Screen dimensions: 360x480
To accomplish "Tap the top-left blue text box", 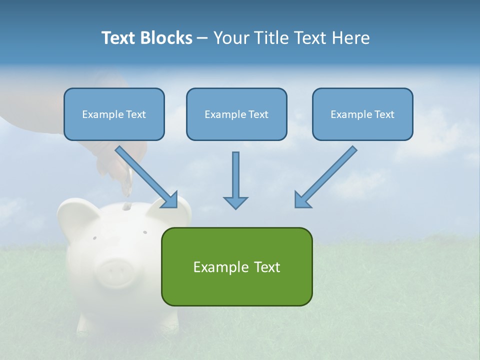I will point(114,114).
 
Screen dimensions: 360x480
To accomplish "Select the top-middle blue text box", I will point(236,114).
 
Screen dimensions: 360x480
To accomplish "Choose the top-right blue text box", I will point(362,114).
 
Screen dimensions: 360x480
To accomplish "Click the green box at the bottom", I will point(236,266).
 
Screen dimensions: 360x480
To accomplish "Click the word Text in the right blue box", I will point(384,114).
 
